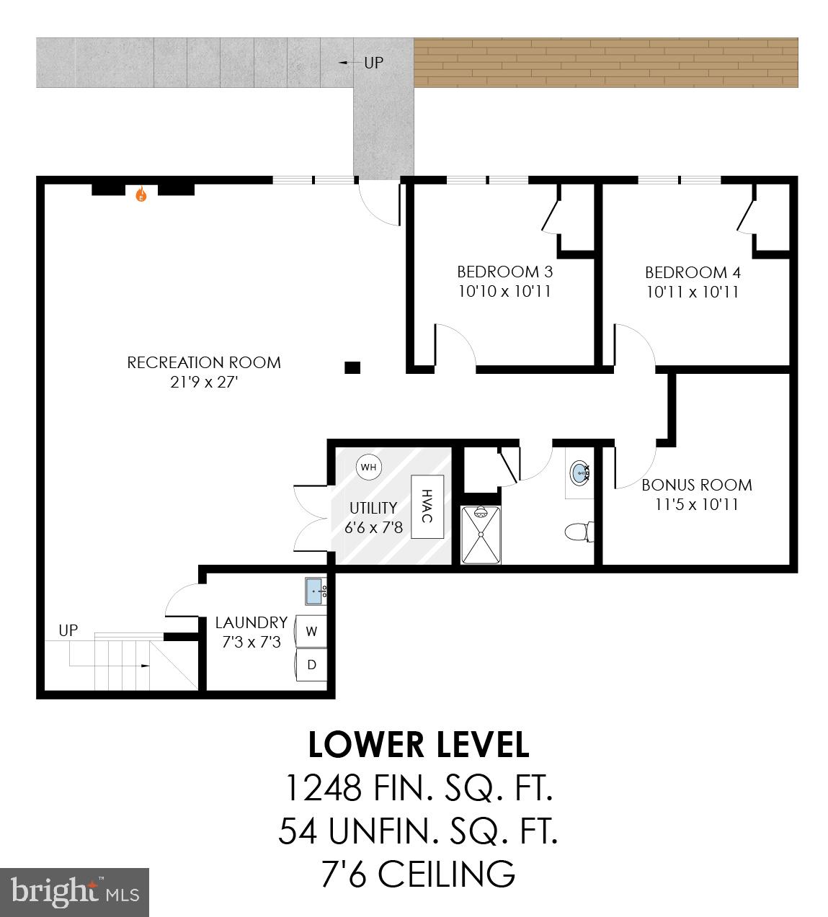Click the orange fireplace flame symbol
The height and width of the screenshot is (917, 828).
(141, 194)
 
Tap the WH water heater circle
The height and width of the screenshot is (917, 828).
(368, 467)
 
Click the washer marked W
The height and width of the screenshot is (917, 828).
(311, 632)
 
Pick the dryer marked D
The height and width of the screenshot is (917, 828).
(311, 664)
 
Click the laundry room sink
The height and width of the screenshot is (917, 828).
(316, 591)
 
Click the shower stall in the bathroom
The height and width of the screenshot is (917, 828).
(480, 534)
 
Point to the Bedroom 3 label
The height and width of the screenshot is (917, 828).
(504, 272)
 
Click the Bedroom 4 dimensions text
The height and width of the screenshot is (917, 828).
(692, 292)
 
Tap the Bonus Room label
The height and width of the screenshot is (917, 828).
(696, 485)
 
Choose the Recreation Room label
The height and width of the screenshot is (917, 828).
(204, 362)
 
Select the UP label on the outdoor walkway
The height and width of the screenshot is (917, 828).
(373, 63)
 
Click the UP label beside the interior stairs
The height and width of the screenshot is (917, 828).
(68, 630)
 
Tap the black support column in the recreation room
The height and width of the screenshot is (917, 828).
(352, 367)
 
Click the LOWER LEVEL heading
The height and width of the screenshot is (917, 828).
(418, 745)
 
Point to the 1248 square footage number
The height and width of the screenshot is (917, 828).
(323, 788)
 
